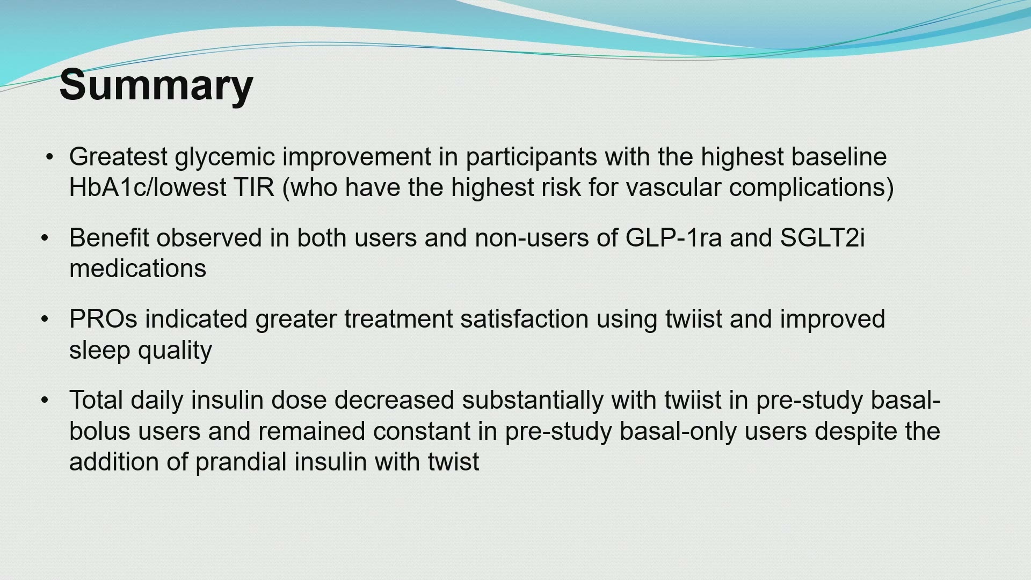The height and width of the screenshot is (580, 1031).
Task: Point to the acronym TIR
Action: coord(253,187)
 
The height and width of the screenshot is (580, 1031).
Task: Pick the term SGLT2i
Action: coord(822,238)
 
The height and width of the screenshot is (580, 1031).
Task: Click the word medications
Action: coord(137,269)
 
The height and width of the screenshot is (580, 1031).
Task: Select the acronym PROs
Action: coord(103,319)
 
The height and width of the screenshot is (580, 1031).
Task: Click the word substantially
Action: coord(533,401)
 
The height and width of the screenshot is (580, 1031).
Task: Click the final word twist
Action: coord(453,462)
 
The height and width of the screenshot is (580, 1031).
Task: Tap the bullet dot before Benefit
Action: coord(45,238)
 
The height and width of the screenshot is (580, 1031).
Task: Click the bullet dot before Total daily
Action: coord(45,400)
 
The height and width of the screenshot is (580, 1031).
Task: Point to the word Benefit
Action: coord(109,238)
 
